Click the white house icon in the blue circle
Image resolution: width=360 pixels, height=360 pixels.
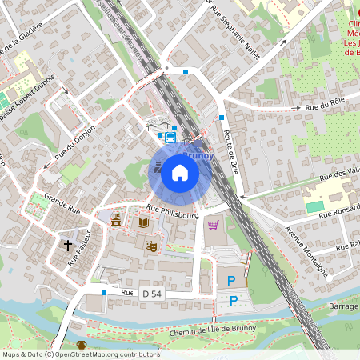point(180,173)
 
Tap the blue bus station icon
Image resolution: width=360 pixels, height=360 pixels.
point(170,136)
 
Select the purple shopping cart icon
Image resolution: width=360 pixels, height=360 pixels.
point(213,225)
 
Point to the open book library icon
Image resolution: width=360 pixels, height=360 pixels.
point(142,222)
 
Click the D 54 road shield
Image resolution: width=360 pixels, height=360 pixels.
point(150,294)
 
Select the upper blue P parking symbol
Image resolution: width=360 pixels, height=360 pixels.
point(232,280)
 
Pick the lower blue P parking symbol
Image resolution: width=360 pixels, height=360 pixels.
point(234,301)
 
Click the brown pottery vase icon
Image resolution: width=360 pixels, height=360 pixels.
point(82,346)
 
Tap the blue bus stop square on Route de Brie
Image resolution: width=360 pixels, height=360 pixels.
point(222,118)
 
